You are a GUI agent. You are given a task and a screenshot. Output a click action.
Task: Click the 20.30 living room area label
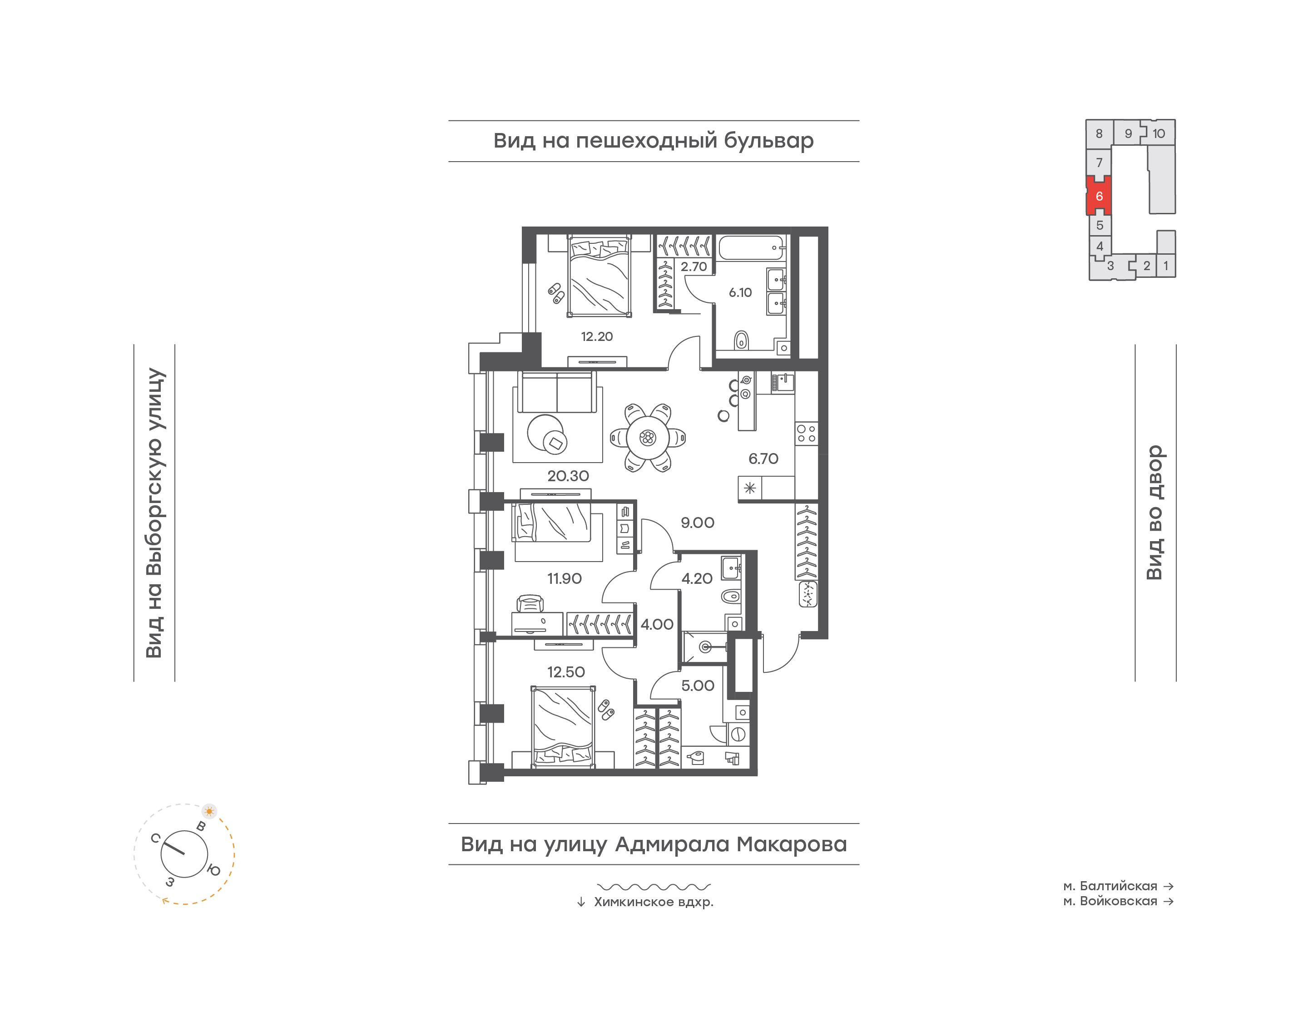(568, 476)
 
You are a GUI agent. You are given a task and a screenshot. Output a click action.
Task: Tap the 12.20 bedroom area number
(597, 336)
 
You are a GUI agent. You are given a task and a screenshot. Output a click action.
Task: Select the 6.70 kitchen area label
(763, 459)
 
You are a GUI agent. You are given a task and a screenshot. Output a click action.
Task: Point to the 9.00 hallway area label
(697, 523)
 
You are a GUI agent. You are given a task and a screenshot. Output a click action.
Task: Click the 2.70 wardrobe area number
(694, 266)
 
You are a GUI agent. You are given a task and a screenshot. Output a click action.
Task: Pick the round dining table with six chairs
(648, 438)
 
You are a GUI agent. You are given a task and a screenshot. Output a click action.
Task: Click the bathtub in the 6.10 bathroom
(752, 247)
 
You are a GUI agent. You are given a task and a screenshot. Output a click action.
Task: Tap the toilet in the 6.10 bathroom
(741, 340)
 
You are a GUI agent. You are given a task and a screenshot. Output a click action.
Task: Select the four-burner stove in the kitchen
(806, 434)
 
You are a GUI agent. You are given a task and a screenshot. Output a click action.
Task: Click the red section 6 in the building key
(1099, 196)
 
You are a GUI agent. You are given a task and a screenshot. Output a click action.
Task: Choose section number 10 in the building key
(1159, 133)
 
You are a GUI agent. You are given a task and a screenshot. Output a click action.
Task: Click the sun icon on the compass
(209, 811)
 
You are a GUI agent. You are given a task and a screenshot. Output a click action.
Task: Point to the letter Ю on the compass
(214, 870)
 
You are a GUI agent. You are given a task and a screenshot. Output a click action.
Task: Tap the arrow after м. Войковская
(1169, 901)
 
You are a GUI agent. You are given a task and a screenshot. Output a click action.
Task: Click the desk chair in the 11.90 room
(530, 602)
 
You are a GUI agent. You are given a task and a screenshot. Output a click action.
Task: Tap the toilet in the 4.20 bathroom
(731, 597)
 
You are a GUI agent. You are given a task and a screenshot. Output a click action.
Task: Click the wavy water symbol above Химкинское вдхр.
(654, 887)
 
